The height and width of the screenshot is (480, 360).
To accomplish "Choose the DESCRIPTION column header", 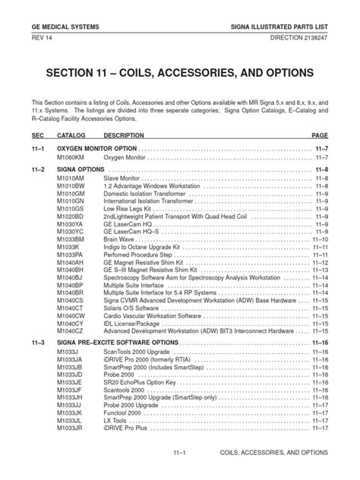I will click(124, 134).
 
